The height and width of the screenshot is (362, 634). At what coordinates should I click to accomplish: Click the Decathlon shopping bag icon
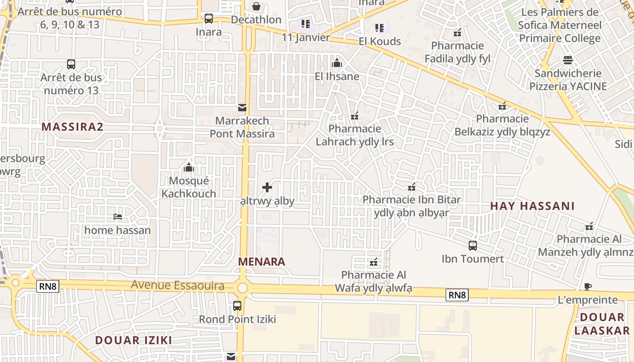(x=256, y=6)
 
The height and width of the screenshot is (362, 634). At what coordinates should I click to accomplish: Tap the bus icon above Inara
(x=208, y=19)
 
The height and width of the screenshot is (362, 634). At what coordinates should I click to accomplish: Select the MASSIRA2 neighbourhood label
(x=72, y=127)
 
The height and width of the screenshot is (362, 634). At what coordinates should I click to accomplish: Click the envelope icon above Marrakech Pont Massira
(x=242, y=108)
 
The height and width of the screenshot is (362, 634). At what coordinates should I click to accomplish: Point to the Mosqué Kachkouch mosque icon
(x=189, y=168)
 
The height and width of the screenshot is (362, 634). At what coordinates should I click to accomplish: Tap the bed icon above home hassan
(x=118, y=217)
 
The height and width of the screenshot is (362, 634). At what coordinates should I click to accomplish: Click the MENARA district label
(x=262, y=262)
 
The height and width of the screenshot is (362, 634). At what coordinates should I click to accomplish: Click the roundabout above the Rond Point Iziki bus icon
(x=243, y=287)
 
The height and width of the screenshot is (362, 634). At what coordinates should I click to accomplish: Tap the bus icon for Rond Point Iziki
(x=237, y=306)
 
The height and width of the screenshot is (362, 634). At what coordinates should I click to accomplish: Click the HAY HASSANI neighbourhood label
(x=532, y=206)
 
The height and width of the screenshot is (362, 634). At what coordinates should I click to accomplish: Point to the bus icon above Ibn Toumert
(x=473, y=246)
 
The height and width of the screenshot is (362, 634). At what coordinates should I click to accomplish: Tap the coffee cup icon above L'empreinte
(x=588, y=286)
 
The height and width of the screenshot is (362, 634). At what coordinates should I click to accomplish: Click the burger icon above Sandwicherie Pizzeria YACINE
(x=568, y=60)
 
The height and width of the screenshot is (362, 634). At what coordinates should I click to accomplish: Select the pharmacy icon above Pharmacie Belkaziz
(x=502, y=106)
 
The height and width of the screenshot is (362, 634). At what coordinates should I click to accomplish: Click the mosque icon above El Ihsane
(x=337, y=63)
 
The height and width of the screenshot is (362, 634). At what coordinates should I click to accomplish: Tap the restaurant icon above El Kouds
(x=379, y=28)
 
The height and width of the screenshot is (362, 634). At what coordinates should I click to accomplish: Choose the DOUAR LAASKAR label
(x=602, y=324)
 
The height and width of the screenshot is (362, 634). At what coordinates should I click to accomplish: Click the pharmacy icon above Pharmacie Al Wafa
(x=374, y=262)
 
